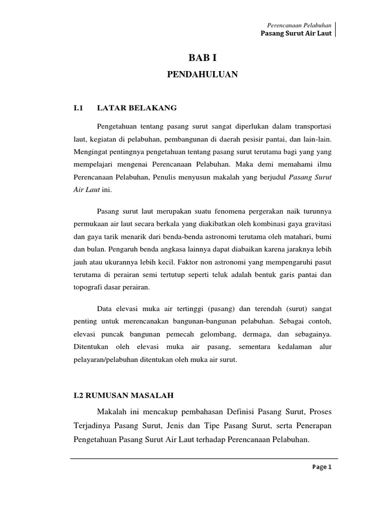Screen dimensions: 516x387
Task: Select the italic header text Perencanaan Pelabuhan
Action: coord(299,26)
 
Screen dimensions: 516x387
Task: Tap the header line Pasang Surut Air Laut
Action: coord(296,34)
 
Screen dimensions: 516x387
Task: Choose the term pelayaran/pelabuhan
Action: coord(105,360)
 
